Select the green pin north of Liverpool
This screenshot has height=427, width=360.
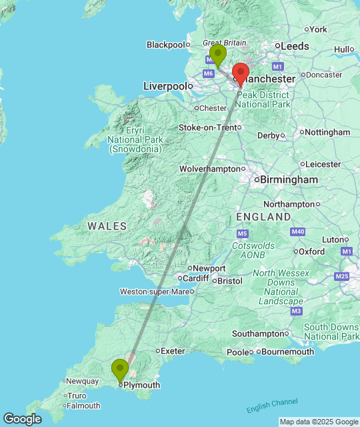pos(217,55)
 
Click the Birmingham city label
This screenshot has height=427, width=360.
pos(289,180)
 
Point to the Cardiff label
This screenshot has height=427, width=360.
pos(195,278)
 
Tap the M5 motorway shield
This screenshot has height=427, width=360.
pos(242,234)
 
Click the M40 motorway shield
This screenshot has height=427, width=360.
pos(298,232)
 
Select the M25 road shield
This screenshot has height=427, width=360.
pos(342,276)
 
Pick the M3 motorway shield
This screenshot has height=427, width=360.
pos(297,311)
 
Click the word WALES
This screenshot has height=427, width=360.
pos(107,227)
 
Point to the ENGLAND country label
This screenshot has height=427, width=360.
pos(263,218)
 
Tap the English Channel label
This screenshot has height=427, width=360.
pos(272,405)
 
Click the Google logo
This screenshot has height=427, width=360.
pos(21,418)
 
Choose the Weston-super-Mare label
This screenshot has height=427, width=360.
pos(154,292)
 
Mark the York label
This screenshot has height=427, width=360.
pos(319,29)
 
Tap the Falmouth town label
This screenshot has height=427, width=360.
pos(83,406)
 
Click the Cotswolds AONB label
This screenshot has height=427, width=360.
pos(253,250)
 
